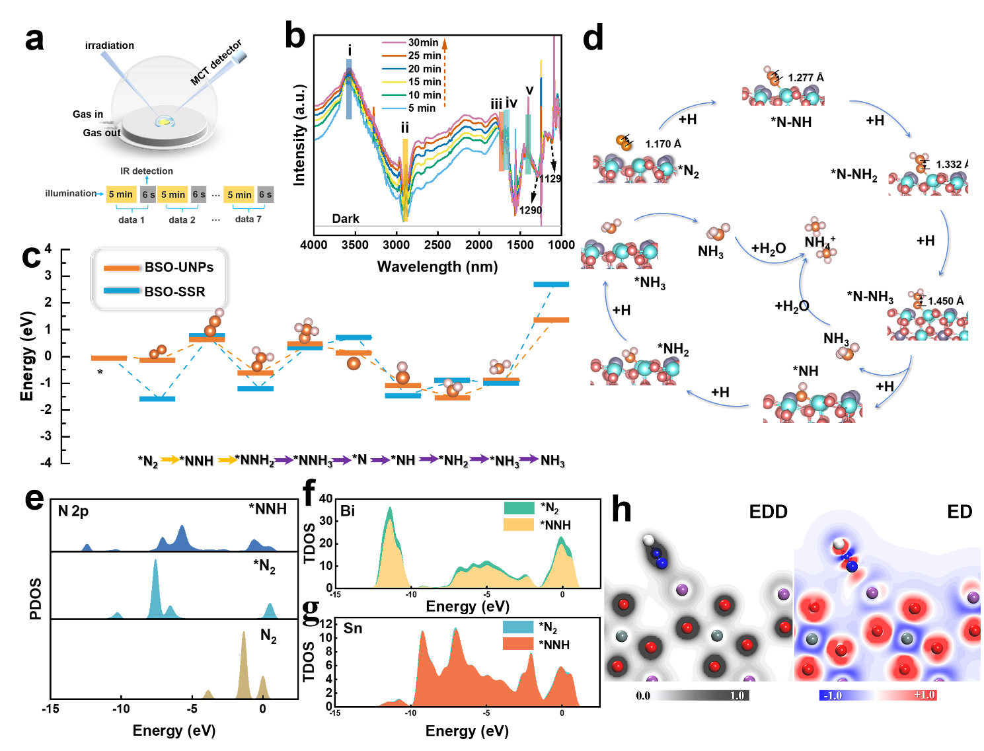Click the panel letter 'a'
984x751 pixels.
click(x=34, y=40)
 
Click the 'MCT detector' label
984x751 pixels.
click(x=216, y=63)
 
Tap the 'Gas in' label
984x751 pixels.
click(x=88, y=114)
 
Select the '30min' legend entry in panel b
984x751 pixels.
click(x=423, y=42)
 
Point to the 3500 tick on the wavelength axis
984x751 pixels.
click(x=355, y=245)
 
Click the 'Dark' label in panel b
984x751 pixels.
click(x=346, y=219)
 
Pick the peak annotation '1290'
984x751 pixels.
click(x=530, y=210)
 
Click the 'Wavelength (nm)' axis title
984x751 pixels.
click(x=437, y=267)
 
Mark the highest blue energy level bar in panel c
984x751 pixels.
click(x=551, y=284)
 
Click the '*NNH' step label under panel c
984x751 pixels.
click(x=196, y=461)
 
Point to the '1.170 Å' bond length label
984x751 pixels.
click(x=663, y=144)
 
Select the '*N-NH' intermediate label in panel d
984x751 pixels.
click(x=791, y=122)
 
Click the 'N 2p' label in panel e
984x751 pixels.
click(x=73, y=511)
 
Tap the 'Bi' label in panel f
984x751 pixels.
click(x=348, y=511)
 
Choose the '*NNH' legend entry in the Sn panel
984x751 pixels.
click(x=554, y=645)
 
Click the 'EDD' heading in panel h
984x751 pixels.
click(x=768, y=512)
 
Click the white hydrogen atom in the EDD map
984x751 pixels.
click(x=648, y=541)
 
